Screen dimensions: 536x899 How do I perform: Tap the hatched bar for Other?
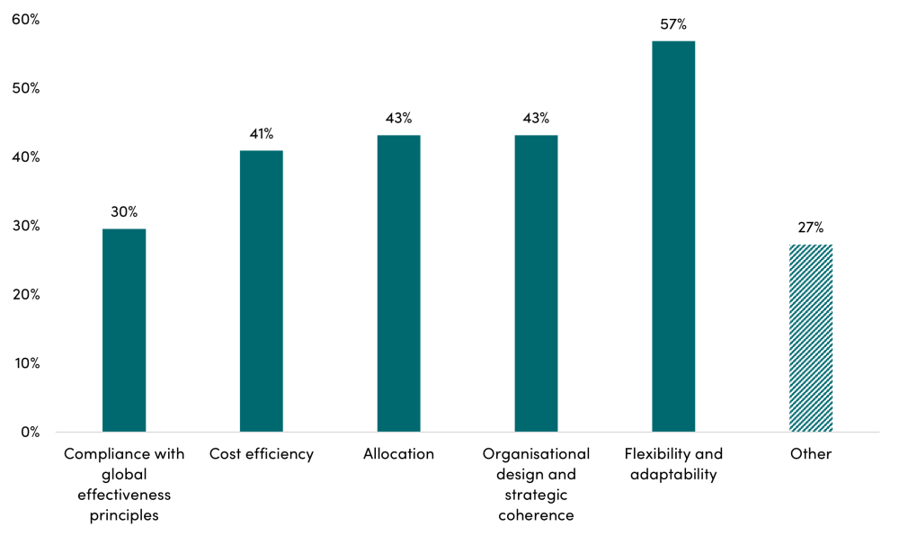811,338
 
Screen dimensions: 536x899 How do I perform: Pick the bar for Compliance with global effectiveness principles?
124,330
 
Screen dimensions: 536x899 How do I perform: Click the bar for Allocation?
399,283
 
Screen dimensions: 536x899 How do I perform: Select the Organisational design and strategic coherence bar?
536,283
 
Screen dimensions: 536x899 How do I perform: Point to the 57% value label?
673,24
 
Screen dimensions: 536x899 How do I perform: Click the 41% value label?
262,134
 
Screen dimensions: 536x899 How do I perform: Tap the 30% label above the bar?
124,212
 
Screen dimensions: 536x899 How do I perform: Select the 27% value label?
811,228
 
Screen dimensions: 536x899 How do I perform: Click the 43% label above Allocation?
399,118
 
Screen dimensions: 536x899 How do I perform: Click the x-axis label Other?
811,454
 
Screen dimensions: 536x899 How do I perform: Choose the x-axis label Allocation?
399,454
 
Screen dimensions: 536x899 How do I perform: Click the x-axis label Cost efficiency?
262,454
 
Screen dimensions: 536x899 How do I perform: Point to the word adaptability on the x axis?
673,475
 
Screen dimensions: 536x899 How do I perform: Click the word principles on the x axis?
124,516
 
